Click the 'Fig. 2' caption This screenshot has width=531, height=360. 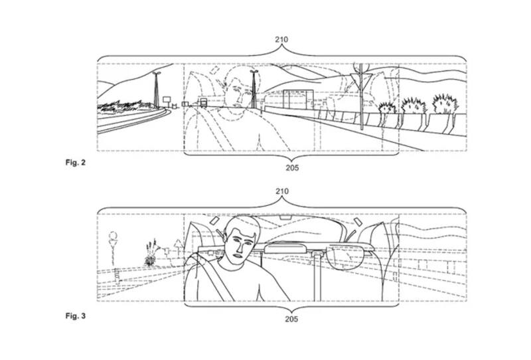tap(76, 162)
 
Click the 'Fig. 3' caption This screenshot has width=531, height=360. tap(76, 316)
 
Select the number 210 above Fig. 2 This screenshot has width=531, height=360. tap(281, 40)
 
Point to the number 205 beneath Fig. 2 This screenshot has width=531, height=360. tap(292, 167)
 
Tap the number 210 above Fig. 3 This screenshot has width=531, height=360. tap(281, 191)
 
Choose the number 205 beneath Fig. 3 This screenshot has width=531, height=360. tap(291, 319)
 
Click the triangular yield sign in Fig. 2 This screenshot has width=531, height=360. tap(361, 80)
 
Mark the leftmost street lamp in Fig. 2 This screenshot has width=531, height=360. tap(156, 90)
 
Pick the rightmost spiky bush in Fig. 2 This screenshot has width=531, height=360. tap(445, 104)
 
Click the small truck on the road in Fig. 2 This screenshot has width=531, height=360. tap(203, 102)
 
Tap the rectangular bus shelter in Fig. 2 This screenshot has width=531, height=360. tap(298, 100)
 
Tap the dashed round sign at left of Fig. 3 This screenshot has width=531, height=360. tap(113, 236)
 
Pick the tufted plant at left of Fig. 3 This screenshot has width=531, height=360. tap(151, 252)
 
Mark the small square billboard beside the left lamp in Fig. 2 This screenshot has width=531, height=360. tap(167, 100)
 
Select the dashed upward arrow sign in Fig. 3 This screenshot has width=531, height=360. tap(178, 244)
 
